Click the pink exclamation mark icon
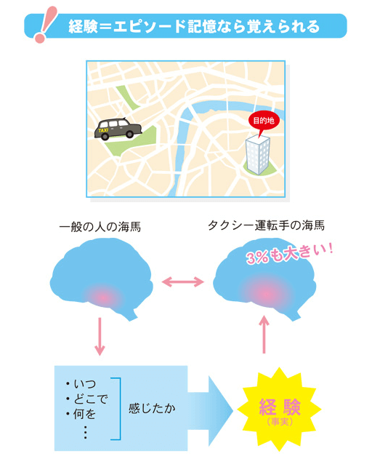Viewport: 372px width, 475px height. click(x=45, y=24)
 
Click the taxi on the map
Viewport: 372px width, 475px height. click(x=118, y=129)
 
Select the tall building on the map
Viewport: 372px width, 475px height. click(x=258, y=154)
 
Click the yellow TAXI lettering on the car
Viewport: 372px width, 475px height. click(x=103, y=130)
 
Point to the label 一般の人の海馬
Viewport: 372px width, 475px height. click(x=100, y=227)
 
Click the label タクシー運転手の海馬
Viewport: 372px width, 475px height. click(x=266, y=225)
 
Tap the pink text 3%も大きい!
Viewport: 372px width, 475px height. click(x=289, y=254)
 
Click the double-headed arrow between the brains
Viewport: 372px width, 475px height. click(x=183, y=282)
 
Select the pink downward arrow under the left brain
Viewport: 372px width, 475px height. click(x=100, y=336)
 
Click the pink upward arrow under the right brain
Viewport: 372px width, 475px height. click(x=264, y=334)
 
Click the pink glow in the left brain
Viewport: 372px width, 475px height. click(x=103, y=298)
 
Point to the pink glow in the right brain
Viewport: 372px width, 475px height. click(x=266, y=294)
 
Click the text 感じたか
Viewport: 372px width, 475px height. click(x=152, y=408)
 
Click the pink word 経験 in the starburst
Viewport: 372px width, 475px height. click(x=280, y=407)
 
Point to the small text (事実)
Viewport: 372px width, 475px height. click(x=280, y=422)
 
